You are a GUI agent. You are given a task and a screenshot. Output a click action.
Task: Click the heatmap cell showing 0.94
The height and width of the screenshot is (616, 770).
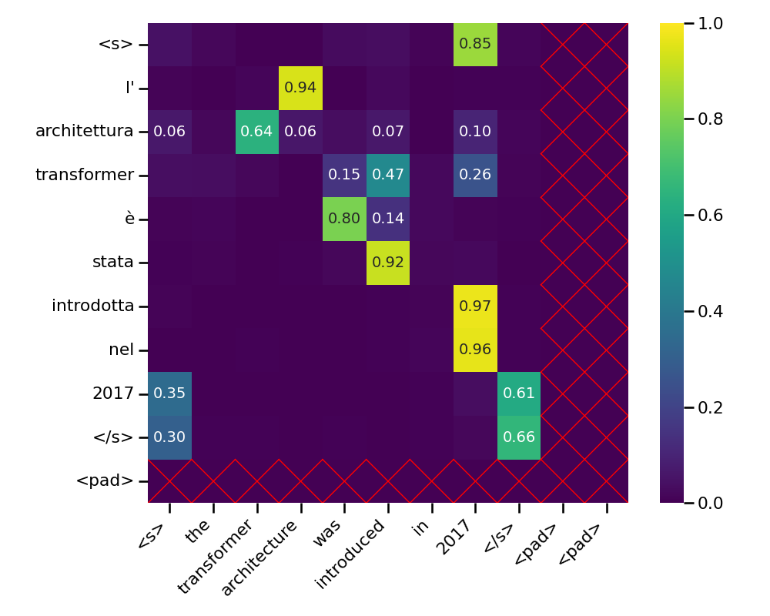300,88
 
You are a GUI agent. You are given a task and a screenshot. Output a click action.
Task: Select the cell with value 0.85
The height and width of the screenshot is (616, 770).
475,44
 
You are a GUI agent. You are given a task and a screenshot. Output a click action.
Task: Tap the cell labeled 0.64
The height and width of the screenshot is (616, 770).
256,132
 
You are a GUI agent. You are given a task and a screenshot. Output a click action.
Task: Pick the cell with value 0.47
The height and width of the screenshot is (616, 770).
387,175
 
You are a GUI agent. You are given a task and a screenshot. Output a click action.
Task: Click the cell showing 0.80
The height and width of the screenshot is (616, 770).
344,219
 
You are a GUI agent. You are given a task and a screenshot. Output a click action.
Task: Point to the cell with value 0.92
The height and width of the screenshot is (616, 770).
387,263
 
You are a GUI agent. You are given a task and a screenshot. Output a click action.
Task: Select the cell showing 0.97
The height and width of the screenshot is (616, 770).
475,306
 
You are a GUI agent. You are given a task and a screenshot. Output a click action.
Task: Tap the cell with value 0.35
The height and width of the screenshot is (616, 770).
169,393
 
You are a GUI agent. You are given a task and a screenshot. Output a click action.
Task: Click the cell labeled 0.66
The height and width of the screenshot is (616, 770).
519,437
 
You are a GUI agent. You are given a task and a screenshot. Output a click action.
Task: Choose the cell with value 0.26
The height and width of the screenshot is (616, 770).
475,175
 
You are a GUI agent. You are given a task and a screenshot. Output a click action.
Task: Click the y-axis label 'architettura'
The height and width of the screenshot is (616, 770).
85,132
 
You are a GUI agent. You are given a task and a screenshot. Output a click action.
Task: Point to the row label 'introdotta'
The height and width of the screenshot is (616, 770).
93,306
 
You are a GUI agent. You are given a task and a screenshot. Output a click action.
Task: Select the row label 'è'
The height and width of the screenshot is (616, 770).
129,219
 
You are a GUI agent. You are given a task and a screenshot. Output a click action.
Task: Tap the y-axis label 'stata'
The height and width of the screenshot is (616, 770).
113,263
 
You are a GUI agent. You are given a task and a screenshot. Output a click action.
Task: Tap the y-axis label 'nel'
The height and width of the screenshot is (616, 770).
121,350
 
